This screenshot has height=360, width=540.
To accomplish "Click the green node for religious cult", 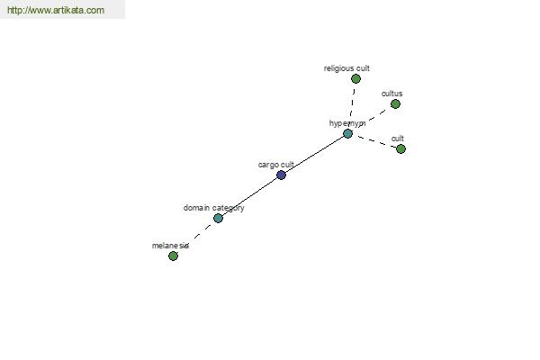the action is (x=355, y=79).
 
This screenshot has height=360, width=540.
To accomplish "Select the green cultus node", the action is (x=395, y=103).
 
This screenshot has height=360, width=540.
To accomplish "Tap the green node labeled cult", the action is (x=400, y=148).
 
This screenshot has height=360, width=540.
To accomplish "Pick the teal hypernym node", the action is (x=347, y=133).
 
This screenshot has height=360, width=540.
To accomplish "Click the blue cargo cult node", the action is (x=282, y=175).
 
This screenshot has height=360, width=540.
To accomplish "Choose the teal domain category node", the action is (x=218, y=218).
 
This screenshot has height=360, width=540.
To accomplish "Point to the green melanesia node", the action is (x=173, y=256).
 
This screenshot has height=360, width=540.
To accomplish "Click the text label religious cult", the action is (x=346, y=68).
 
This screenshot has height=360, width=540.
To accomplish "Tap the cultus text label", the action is (x=391, y=94).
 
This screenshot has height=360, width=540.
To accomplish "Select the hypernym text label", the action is (x=347, y=123).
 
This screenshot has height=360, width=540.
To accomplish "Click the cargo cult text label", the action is (x=276, y=165).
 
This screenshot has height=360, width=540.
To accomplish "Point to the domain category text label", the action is (x=213, y=208).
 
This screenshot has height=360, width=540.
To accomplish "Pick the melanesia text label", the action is (x=170, y=246).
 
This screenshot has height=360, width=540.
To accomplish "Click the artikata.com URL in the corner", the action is (x=56, y=10).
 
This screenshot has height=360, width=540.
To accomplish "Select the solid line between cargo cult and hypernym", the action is (x=314, y=154).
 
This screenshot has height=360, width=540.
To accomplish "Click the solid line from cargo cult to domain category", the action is (x=249, y=197).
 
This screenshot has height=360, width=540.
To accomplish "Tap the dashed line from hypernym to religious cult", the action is (x=352, y=106).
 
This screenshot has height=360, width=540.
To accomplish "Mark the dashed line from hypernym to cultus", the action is (x=372, y=119).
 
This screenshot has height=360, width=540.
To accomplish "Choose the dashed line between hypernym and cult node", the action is (x=374, y=141).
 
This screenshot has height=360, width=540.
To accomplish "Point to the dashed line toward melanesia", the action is (x=195, y=237).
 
